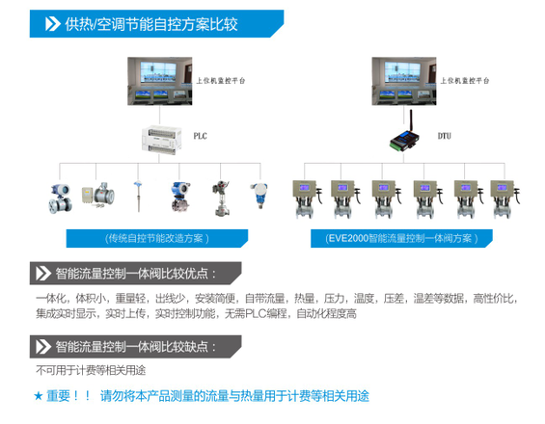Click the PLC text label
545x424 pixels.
pos(201,136)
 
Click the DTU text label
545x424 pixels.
pos(445,136)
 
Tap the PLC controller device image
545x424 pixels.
pos(161,140)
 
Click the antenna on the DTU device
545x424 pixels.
pos(411,120)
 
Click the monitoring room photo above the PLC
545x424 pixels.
pos(160,81)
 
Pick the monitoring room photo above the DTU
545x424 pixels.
pos(404,81)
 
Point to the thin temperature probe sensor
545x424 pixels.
pos(138,197)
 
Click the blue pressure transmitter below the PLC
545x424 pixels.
pos(259,196)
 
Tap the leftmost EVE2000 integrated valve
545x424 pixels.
pos(308,199)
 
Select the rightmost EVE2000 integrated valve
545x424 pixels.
pos(505,199)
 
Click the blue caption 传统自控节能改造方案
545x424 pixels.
pos(157,238)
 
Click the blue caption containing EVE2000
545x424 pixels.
pos(401,238)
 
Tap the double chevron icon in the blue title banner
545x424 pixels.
pos(53,24)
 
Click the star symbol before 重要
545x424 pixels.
pos(38,396)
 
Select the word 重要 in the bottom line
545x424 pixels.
pos(59,396)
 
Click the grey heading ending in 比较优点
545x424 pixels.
pos(136,274)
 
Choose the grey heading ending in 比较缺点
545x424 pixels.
pos(136,347)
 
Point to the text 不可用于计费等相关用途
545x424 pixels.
pos(91,370)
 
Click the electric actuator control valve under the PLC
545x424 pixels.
pos(220,198)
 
